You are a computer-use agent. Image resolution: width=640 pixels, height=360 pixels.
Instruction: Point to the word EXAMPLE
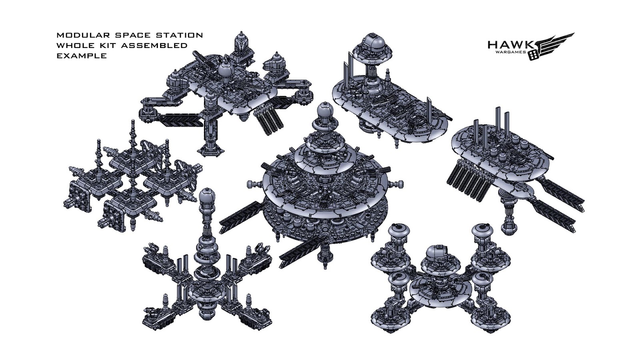(x=82, y=56)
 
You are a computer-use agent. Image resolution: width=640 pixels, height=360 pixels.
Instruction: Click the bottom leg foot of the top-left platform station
(x=211, y=151)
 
